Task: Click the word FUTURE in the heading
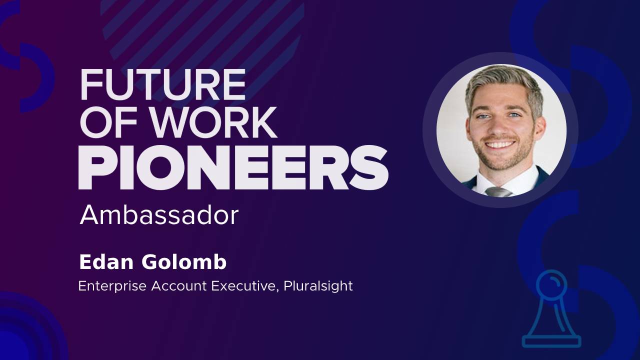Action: point(163,84)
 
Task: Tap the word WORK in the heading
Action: point(214,122)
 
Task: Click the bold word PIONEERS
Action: point(233,167)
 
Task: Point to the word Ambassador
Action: point(159,215)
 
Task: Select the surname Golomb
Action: point(184,262)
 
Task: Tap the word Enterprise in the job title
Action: point(112,286)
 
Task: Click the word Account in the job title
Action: point(179,285)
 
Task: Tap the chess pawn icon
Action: point(551,309)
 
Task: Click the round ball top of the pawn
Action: point(551,283)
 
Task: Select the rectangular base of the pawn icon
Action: point(551,341)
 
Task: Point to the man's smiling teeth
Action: point(499,144)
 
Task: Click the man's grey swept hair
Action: point(504,85)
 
